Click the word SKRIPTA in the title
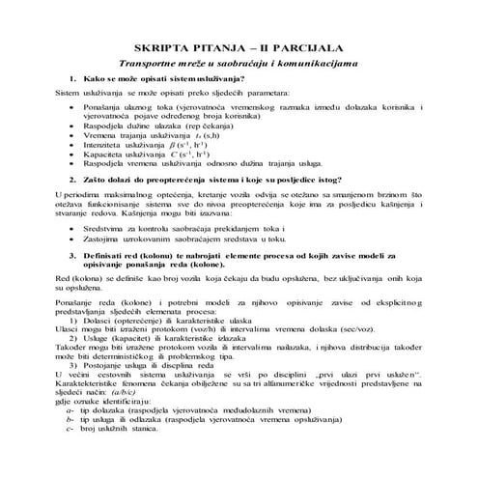pos(160,47)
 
